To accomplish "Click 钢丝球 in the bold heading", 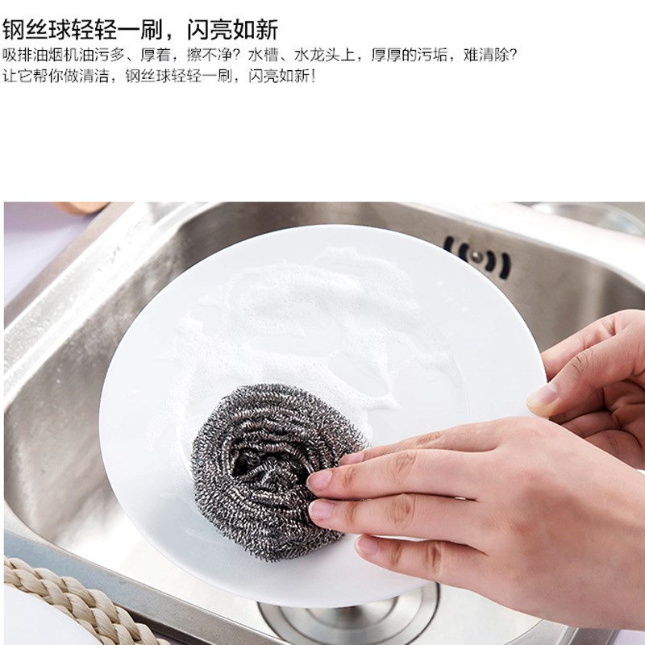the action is point(36,30).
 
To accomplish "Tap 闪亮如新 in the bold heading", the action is point(233,30).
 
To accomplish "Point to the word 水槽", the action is point(264,55).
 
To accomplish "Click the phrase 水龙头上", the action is point(325,55).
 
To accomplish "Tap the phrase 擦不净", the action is point(210,55).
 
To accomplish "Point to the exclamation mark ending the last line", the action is point(314,76).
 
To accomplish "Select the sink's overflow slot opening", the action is point(477,257).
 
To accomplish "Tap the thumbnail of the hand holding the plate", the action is point(541,397).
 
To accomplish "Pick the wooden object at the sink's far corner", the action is point(81,207).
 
